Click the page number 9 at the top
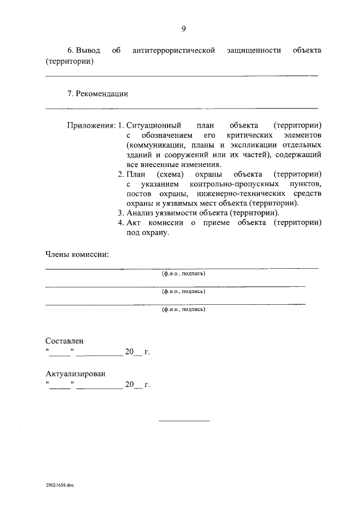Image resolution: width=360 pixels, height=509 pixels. (x=183, y=29)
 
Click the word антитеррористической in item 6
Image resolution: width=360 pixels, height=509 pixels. (x=174, y=51)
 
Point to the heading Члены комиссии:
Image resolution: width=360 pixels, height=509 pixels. (x=76, y=254)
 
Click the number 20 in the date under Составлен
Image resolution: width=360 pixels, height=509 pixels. (x=129, y=353)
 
